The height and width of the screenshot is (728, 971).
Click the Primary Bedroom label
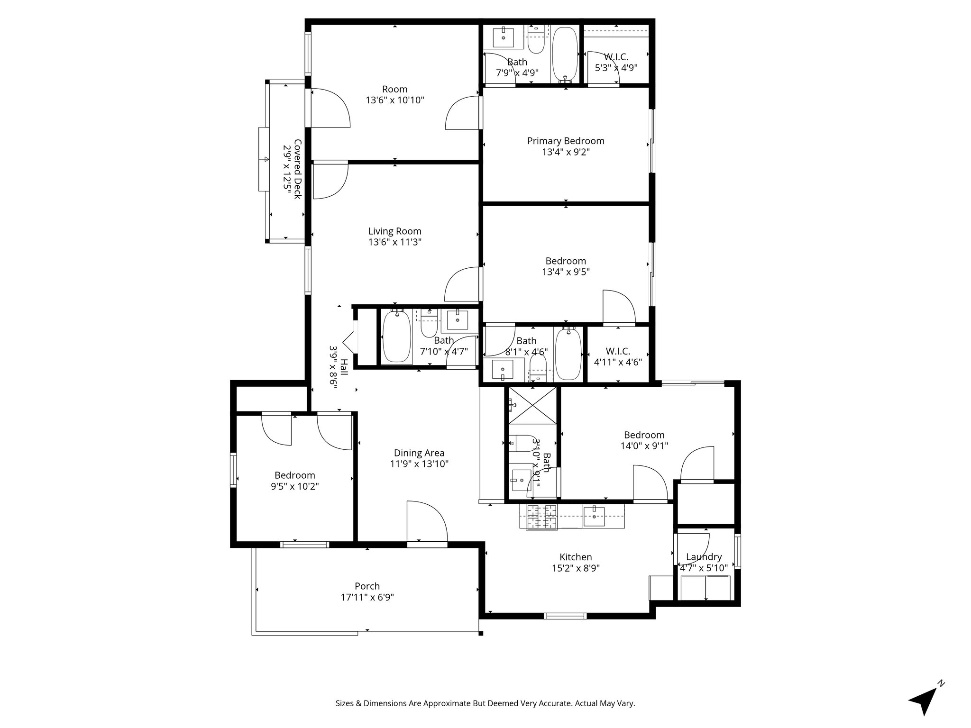pos(566,141)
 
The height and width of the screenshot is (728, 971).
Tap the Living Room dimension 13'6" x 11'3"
pos(394,242)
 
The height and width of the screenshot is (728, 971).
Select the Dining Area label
pos(419,453)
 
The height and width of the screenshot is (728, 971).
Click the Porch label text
pos(367,586)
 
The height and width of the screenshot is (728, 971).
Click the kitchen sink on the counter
pos(594,516)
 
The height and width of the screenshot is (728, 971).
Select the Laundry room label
pos(704,557)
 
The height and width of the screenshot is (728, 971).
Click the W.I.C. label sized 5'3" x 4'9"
pos(616,57)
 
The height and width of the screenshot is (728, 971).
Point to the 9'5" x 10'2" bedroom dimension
pos(294,486)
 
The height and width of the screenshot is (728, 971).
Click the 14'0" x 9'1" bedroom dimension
pos(644,446)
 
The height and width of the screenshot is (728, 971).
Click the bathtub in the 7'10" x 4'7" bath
pos(396,337)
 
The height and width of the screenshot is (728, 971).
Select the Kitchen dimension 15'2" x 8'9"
pos(576,568)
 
